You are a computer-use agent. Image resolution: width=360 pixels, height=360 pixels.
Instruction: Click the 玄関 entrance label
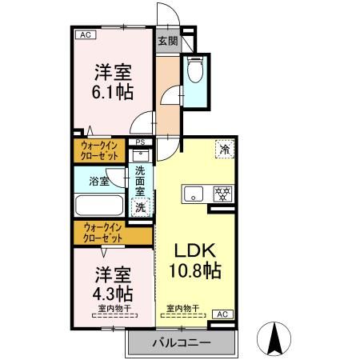[x=166, y=41]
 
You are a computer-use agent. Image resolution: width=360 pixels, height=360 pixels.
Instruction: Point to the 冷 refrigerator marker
[x=224, y=150]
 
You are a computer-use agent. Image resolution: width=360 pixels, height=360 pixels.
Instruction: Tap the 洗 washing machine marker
[x=140, y=206]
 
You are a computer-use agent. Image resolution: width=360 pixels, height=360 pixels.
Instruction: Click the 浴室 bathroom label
[x=99, y=181]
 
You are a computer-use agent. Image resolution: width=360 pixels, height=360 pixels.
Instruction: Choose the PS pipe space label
[x=141, y=145]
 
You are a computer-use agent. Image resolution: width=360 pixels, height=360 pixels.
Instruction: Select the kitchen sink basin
[x=194, y=194]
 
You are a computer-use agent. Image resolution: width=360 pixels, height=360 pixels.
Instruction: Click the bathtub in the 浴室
[x=100, y=206]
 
